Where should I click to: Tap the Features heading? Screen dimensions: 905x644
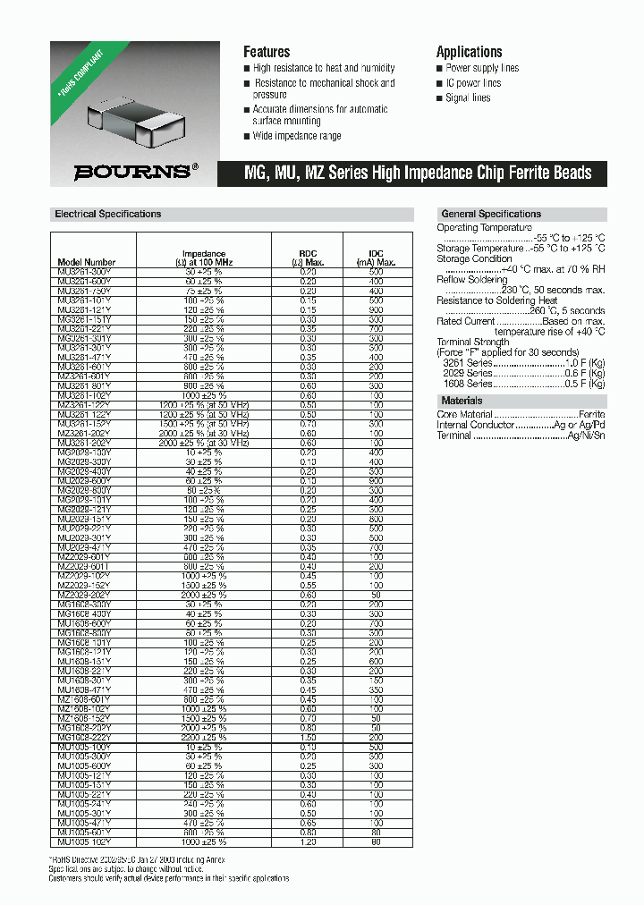click(267, 52)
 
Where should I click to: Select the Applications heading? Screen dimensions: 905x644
click(469, 52)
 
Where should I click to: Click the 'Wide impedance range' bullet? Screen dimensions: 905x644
click(296, 136)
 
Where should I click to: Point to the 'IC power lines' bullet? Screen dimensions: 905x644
click(473, 83)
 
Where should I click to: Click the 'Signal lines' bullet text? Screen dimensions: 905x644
click(468, 98)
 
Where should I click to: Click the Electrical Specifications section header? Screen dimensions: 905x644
click(108, 215)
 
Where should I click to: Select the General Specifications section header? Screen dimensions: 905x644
click(491, 215)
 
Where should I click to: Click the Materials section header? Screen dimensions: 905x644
click(462, 402)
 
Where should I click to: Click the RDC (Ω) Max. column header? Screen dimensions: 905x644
click(308, 258)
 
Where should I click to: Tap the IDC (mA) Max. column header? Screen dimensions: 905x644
click(376, 258)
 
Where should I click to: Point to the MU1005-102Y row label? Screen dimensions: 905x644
click(84, 842)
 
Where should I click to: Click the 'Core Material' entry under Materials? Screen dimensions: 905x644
click(465, 415)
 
